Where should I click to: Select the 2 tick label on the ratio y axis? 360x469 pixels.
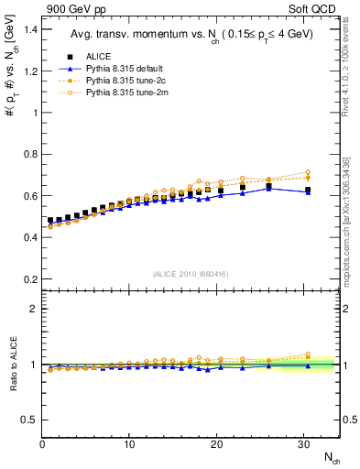(32, 309)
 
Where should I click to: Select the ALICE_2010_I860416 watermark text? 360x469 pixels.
(191, 274)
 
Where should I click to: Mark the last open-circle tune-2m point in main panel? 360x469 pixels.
(308, 172)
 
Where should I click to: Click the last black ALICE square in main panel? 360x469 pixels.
(308, 191)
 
